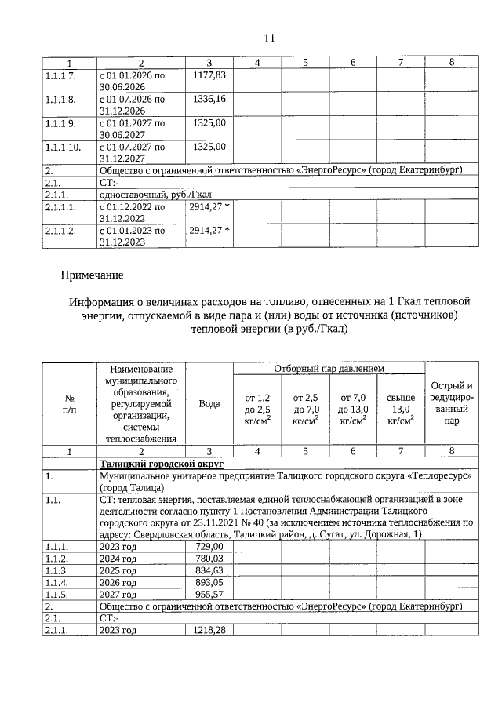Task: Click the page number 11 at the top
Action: coord(269,38)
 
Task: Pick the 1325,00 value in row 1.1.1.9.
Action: coord(209,123)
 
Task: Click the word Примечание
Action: coord(91,275)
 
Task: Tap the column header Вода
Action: coord(209,403)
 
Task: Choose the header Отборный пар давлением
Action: coord(329,369)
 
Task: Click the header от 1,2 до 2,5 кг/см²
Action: coord(257,410)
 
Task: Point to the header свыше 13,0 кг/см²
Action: coord(401,410)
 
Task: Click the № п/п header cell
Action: coord(69,403)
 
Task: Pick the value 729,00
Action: coord(209,546)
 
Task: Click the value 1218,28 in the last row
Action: coord(208,630)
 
